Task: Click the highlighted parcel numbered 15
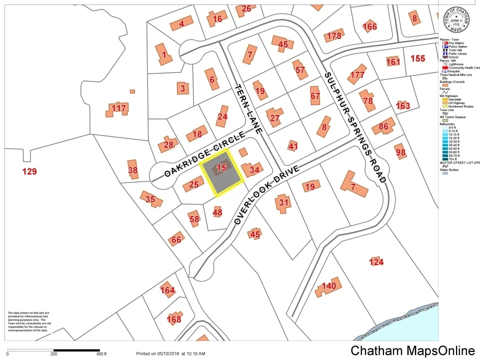(x=221, y=170)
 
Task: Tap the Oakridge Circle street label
(x=205, y=154)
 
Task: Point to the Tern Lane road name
(x=248, y=108)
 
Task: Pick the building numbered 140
(x=328, y=286)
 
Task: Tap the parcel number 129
(x=29, y=172)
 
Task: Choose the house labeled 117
(x=118, y=108)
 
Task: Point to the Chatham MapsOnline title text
(x=412, y=350)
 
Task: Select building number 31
(x=283, y=202)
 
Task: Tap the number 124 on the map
(x=376, y=262)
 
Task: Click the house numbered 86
(x=384, y=126)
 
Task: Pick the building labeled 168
(x=174, y=319)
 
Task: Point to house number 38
(x=132, y=170)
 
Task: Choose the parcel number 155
(x=417, y=58)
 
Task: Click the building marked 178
(x=333, y=35)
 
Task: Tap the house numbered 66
(x=176, y=240)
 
